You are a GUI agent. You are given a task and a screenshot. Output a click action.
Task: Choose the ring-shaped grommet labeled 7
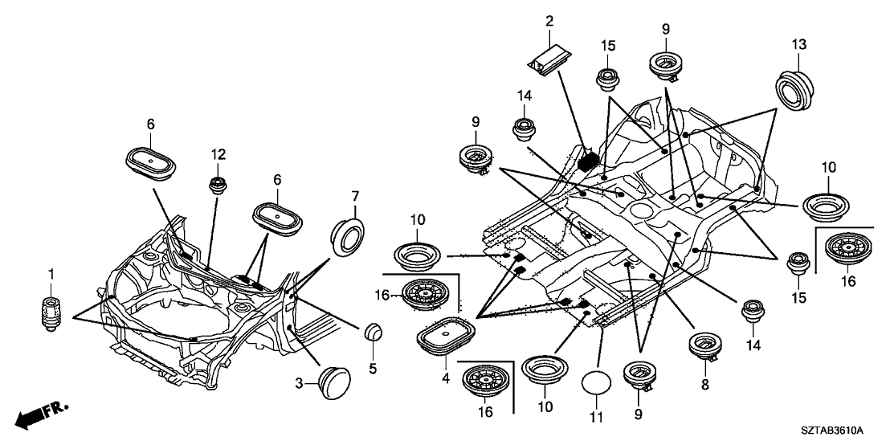coord(347,231)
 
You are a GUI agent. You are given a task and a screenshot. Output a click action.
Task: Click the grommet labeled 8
coord(706,346)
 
